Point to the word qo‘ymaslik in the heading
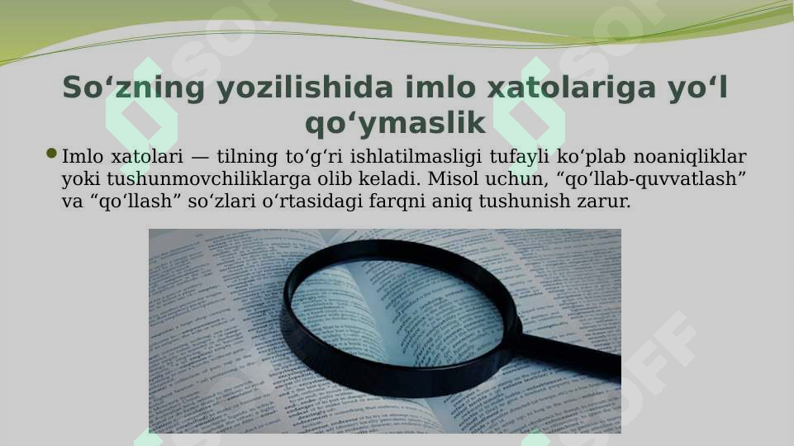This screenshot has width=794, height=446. click(x=395, y=124)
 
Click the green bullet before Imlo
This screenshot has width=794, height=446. click(x=52, y=154)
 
